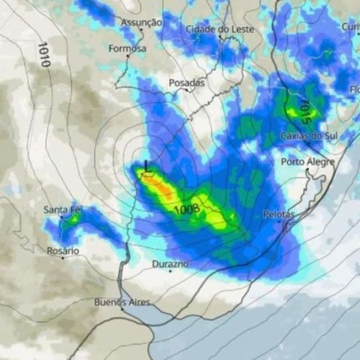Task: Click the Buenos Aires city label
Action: click(x=122, y=302)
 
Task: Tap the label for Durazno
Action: click(x=171, y=264)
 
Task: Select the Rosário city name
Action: click(x=62, y=251)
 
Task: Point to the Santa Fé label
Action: click(x=61, y=210)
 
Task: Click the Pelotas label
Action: click(x=279, y=215)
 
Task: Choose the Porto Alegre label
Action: click(x=307, y=161)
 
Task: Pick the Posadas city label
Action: click(x=186, y=83)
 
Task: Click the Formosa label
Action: click(x=127, y=49)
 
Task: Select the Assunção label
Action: click(x=141, y=22)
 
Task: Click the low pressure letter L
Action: click(x=147, y=166)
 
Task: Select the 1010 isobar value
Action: click(x=43, y=54)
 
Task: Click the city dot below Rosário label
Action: click(x=63, y=258)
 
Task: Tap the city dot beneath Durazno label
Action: click(x=171, y=271)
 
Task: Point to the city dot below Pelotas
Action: click(x=279, y=222)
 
